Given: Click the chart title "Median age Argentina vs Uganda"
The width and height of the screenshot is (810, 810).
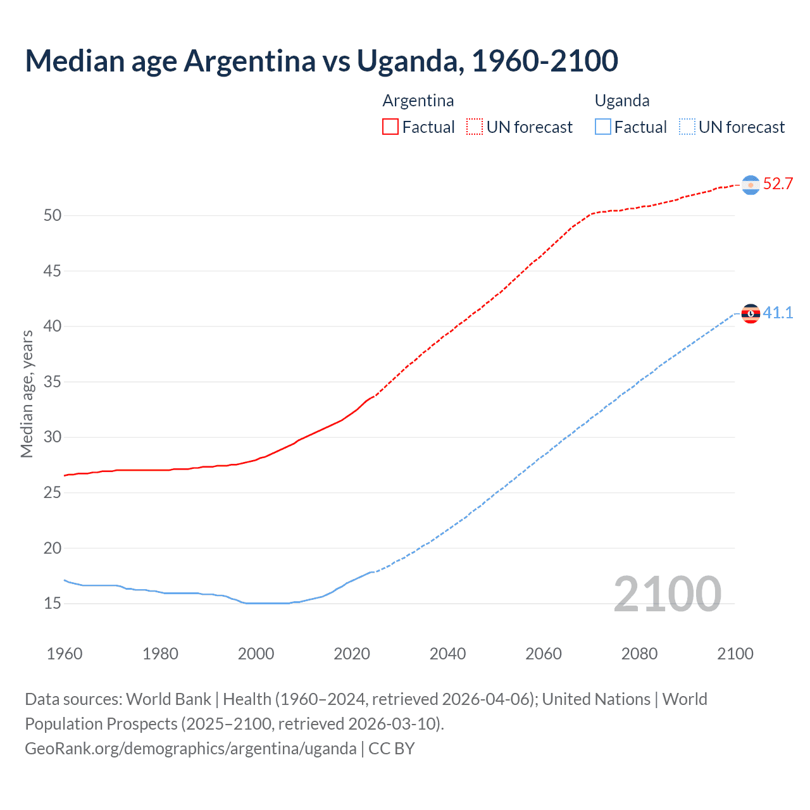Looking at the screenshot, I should (x=321, y=61).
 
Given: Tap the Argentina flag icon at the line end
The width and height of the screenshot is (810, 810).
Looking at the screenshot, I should (x=751, y=185).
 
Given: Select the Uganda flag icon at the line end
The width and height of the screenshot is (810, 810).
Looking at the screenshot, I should (x=751, y=313).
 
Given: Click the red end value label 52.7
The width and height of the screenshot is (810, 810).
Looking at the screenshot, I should (x=778, y=184).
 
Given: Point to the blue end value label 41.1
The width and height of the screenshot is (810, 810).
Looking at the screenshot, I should (x=778, y=313).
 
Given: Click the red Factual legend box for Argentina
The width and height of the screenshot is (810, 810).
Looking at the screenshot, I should (x=390, y=127).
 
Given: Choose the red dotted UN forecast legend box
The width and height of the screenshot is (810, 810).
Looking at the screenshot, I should (x=475, y=127).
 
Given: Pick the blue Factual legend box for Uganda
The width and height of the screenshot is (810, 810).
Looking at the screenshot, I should (x=602, y=127).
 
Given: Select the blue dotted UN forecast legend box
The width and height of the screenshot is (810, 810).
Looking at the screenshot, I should (x=687, y=127).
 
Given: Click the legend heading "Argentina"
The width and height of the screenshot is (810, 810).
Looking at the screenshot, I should (x=418, y=101).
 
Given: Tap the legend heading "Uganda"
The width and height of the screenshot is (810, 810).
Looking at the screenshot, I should (x=621, y=101).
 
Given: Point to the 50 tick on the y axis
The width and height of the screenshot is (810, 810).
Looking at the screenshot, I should (x=53, y=216).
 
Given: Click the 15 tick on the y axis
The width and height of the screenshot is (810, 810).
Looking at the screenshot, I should (x=53, y=604).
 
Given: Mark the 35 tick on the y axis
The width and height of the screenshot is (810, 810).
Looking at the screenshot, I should (x=53, y=382).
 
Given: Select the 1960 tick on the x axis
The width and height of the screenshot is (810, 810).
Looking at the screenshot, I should (x=65, y=654).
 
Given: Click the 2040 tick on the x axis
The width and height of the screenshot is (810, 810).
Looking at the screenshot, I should (x=447, y=654).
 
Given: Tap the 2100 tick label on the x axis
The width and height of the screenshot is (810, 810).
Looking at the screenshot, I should (x=735, y=654).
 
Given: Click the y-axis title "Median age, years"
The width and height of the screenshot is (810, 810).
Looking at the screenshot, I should (x=27, y=394).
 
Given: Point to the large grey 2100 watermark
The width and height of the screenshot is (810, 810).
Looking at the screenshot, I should (x=667, y=594).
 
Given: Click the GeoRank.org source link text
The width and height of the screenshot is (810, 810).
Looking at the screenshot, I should (x=190, y=749).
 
